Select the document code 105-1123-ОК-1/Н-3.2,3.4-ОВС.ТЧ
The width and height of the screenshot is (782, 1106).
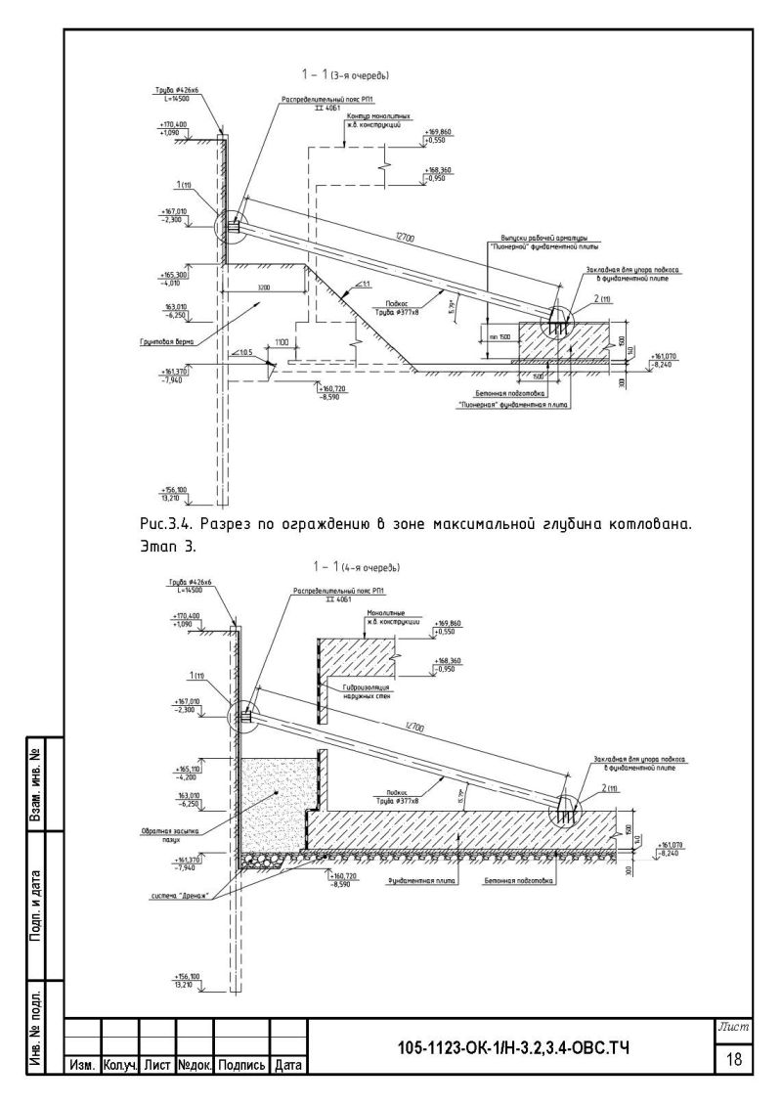[x=512, y=1049]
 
